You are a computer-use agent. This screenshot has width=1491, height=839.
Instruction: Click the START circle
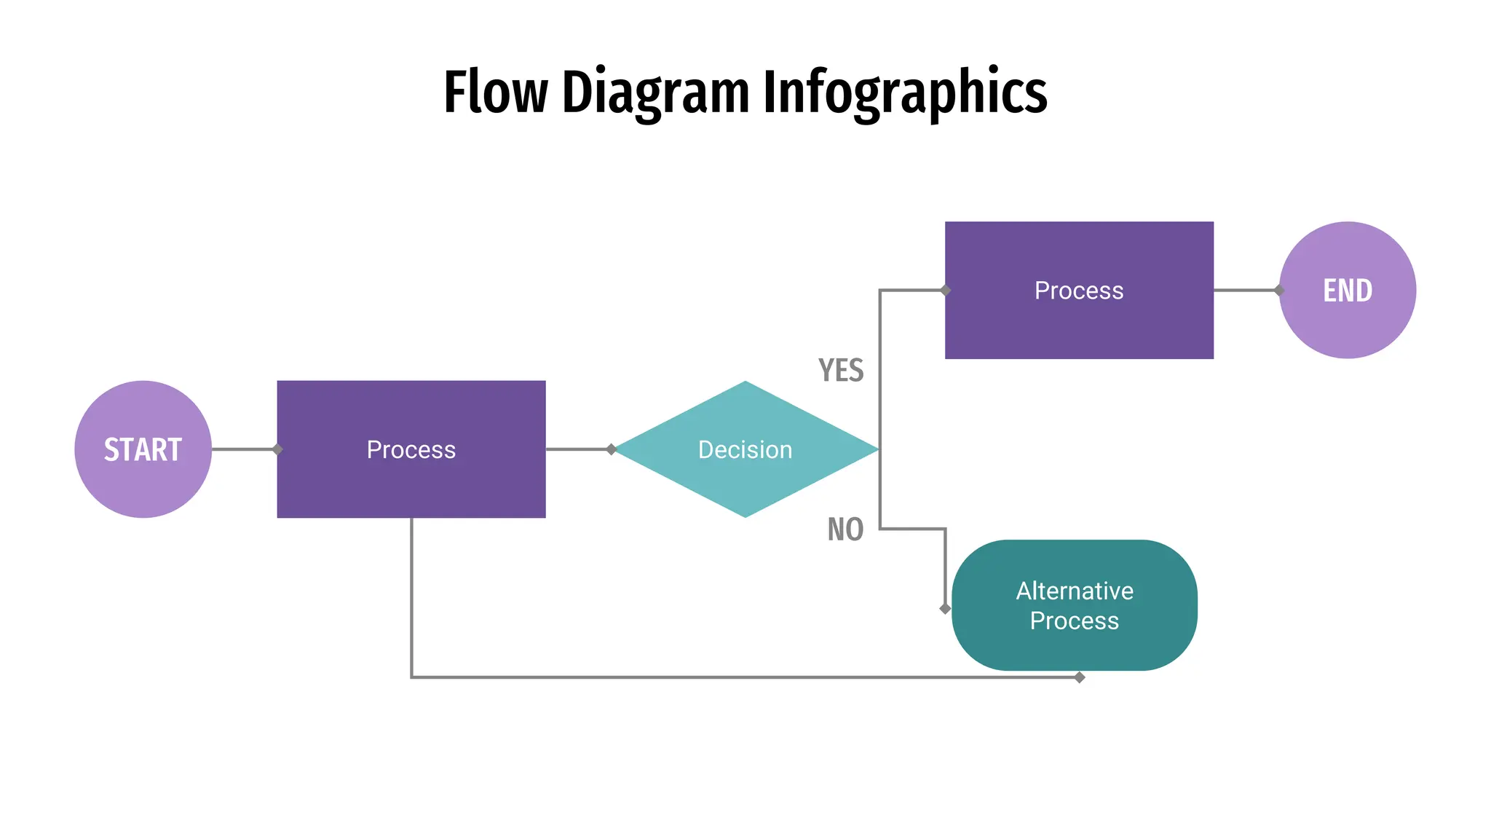[143, 449]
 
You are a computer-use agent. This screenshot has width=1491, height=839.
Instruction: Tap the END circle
[1347, 290]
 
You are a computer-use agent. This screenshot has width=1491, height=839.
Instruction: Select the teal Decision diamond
[745, 449]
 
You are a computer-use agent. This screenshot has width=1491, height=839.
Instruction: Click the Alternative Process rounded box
[1074, 605]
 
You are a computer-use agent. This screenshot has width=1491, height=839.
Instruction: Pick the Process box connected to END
[1079, 290]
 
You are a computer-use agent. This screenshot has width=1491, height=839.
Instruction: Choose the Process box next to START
[411, 449]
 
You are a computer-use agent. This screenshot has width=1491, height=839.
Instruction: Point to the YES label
[841, 371]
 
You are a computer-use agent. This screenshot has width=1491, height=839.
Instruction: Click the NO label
[845, 529]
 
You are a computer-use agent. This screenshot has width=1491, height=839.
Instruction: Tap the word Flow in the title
[495, 92]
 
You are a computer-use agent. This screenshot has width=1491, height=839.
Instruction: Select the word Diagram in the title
[655, 92]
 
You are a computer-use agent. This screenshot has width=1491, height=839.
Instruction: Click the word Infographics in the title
[905, 92]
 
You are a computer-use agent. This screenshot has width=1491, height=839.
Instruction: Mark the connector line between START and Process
[242, 449]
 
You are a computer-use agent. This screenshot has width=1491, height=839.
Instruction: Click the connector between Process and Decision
[577, 449]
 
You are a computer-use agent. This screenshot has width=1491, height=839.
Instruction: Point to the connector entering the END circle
[1245, 290]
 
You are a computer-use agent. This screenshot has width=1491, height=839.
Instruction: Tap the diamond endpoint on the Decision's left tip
[612, 449]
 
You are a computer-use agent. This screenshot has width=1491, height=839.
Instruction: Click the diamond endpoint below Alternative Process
[1080, 677]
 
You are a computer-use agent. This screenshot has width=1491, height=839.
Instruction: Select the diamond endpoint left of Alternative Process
[945, 609]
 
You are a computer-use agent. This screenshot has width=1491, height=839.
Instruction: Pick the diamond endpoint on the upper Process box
[945, 290]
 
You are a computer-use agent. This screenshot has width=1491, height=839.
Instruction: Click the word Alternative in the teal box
[1075, 591]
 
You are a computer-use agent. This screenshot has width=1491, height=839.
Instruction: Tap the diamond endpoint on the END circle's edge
[1279, 290]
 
